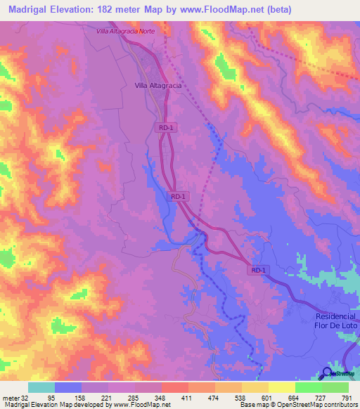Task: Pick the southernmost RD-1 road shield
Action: pos(258,270)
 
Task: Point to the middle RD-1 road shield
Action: pos(178,197)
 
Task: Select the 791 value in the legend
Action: pos(347,397)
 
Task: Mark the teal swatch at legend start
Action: pos(41,387)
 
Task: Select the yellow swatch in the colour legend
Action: pos(281,387)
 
